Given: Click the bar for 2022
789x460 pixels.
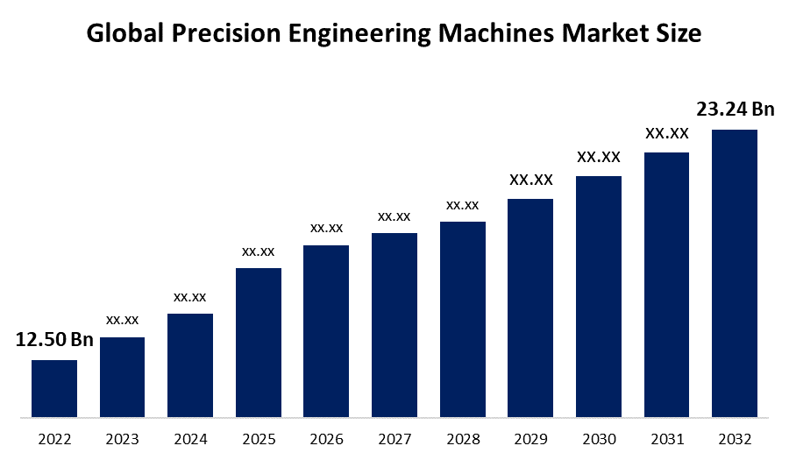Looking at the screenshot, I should coord(54,387).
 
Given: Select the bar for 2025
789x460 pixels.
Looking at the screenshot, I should coord(259,342).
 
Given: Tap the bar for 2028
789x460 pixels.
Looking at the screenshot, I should coord(463,318).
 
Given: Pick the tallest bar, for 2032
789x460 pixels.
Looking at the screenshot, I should coord(734,272).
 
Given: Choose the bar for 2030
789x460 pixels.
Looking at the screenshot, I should coord(599,295).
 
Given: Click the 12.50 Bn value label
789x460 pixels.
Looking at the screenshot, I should coord(54,340).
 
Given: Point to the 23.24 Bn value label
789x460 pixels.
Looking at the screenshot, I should coord(735,110).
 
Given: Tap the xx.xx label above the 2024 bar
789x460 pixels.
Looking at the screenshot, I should coord(190,297).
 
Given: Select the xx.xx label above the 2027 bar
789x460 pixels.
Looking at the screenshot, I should coord(394,216).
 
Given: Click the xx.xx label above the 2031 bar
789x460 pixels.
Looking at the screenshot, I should coord(666,134).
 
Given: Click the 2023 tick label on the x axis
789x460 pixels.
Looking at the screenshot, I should coord(122,438).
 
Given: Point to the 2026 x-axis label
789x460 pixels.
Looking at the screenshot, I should coord(326,438).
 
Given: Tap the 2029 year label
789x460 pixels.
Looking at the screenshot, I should coord(530,438).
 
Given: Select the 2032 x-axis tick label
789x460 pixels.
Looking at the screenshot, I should coord(734,438).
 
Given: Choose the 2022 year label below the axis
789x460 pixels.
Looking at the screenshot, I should coord(54,438).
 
